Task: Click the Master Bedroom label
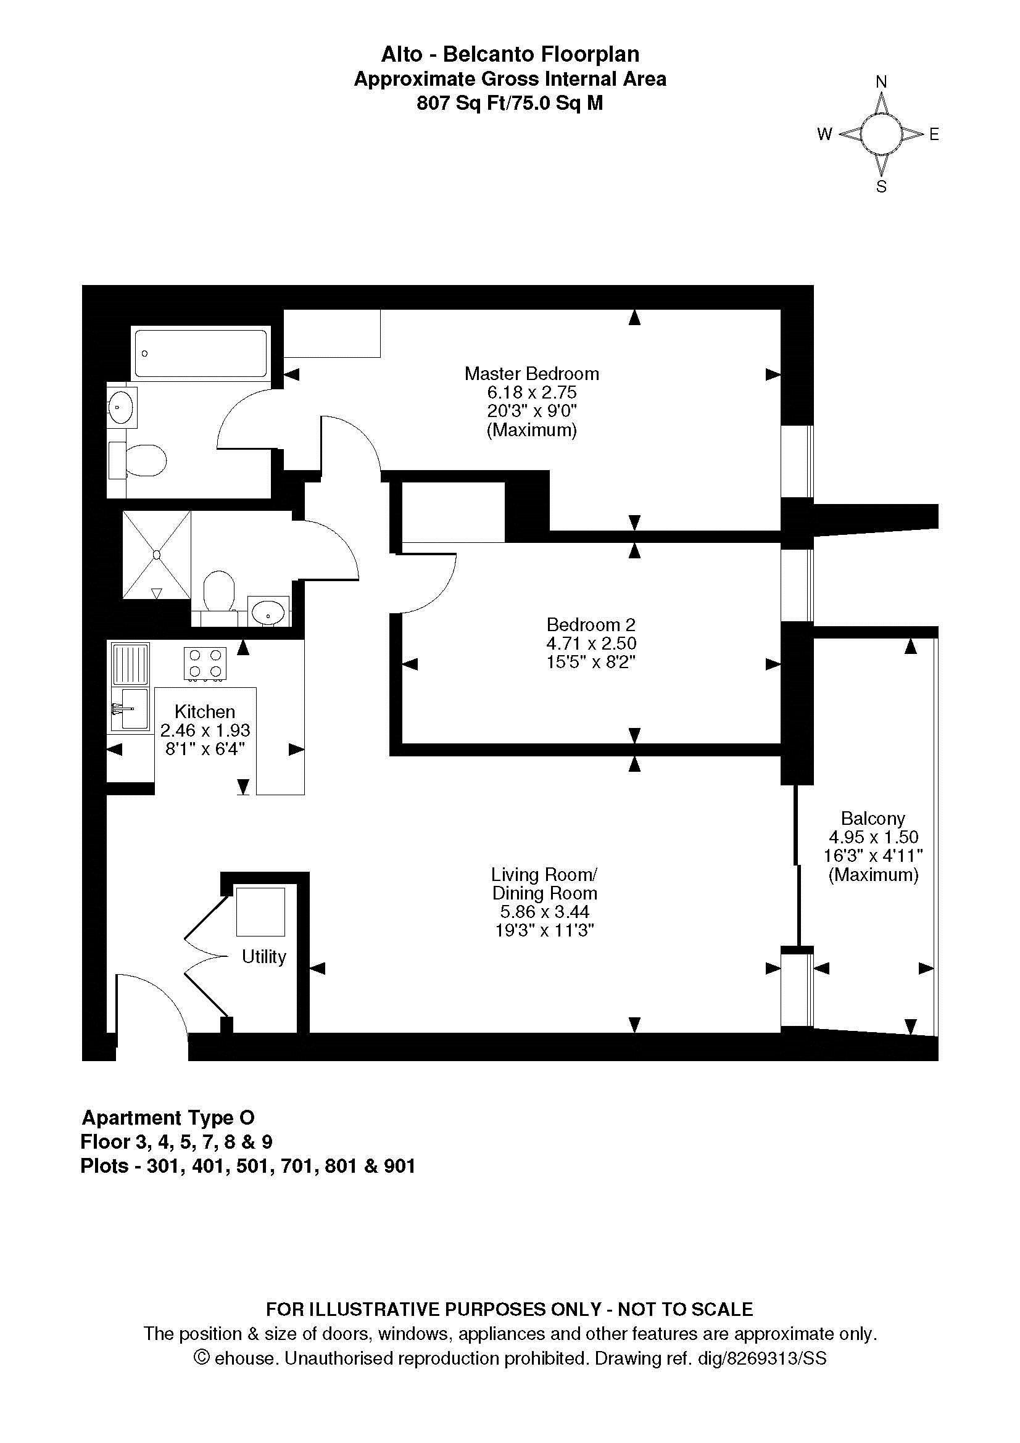coord(532,374)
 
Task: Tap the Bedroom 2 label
coord(591,625)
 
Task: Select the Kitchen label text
coord(205,711)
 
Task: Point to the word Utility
coord(264,957)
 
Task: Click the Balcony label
coord(873,818)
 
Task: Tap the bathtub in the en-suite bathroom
coord(201,354)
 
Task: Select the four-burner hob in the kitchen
coord(205,663)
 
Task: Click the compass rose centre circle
coord(881,134)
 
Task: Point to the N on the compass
coord(881,81)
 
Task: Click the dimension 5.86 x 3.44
coord(544,912)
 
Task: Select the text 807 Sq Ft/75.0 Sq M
coord(510,103)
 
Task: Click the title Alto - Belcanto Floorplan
coord(510,55)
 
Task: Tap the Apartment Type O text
coord(168,1118)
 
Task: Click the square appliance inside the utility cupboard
coord(260,911)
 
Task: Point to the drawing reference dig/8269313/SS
coord(762,1358)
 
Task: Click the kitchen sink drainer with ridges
coord(131,664)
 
